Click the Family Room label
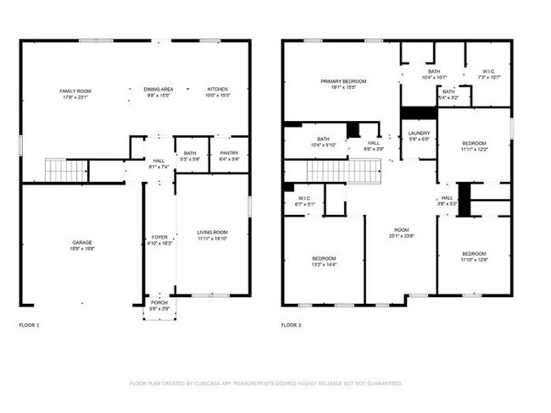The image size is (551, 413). (x=75, y=91)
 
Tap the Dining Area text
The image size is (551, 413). (x=159, y=89)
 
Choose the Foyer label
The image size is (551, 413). (x=159, y=237)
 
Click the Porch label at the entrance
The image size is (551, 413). (x=159, y=302)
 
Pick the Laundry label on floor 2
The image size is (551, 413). (x=419, y=133)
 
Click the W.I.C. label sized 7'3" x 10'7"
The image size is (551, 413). (x=489, y=72)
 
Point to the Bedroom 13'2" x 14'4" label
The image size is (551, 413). (x=324, y=258)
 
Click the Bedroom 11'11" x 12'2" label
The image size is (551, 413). (x=474, y=143)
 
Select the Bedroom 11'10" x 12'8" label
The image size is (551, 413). (x=474, y=254)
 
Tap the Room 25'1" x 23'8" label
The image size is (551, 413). (x=401, y=230)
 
